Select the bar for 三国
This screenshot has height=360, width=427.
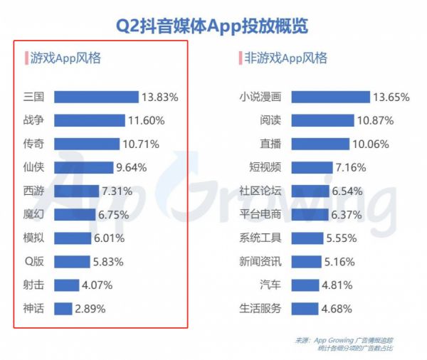tap(96, 97)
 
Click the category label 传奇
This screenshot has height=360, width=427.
tap(34, 144)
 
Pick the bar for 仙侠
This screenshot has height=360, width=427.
tap(82, 167)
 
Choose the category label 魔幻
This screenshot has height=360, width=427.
tap(34, 214)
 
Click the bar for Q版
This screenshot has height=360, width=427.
tap(70, 261)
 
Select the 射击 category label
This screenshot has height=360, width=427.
tap(34, 285)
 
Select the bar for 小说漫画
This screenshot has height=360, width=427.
tap(331, 97)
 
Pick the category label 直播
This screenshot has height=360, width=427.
tap(271, 144)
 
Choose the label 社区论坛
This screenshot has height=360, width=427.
tap(260, 191)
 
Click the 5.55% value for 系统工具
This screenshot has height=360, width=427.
tap(342, 238)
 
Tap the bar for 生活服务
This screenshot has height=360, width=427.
tap(305, 308)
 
